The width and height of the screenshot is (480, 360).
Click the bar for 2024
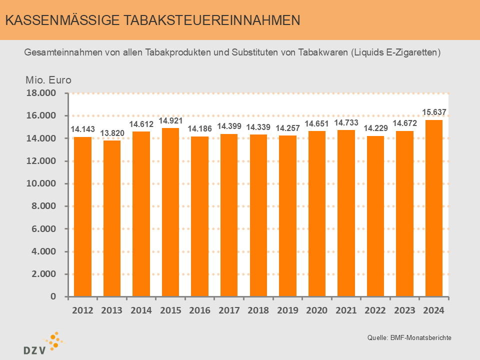click(x=434, y=208)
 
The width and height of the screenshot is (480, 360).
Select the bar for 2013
click(x=112, y=218)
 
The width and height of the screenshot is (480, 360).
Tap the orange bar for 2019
click(x=287, y=215)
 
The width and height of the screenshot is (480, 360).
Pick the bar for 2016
click(x=200, y=216)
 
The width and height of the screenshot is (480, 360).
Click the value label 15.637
click(x=434, y=111)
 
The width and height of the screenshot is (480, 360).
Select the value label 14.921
click(x=170, y=120)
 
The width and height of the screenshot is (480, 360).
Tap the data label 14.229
click(x=375, y=128)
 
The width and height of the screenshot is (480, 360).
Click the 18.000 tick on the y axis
click(x=42, y=93)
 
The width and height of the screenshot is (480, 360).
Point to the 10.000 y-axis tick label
click(x=42, y=184)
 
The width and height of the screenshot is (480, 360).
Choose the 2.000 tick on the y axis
click(x=44, y=274)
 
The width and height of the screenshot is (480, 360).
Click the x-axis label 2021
click(x=346, y=310)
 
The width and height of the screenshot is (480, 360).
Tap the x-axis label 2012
click(x=82, y=310)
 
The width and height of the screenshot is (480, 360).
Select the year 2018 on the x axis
click(x=258, y=310)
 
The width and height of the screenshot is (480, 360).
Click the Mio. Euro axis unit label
click(x=48, y=80)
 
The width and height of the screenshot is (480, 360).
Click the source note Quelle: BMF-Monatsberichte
click(x=409, y=338)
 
